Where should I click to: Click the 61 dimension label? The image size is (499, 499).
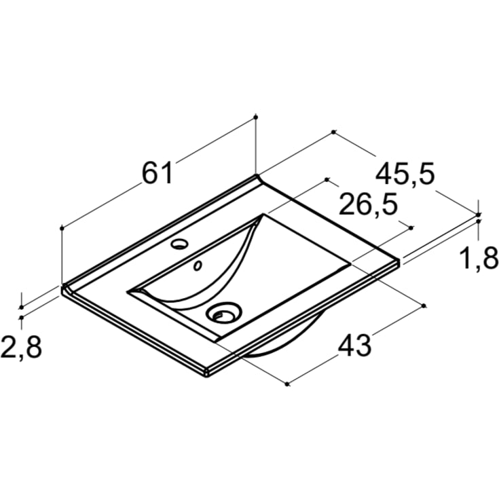(x=158, y=173)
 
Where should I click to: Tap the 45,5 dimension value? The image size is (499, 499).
(x=405, y=174)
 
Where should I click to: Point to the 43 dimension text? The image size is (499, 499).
(x=354, y=345)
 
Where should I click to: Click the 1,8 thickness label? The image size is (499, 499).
(x=479, y=258)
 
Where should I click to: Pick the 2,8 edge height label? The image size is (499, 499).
(x=21, y=347)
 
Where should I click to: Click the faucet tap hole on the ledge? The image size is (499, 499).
(x=179, y=244)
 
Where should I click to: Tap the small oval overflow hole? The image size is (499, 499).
(x=198, y=265)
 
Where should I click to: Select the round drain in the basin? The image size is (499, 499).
(x=224, y=312)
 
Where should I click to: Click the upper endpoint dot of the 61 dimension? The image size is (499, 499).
(x=255, y=117)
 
